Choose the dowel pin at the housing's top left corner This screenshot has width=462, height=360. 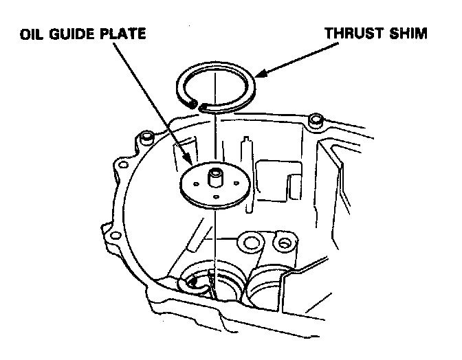(x=146, y=139)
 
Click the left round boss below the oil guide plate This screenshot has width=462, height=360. (x=249, y=241)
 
